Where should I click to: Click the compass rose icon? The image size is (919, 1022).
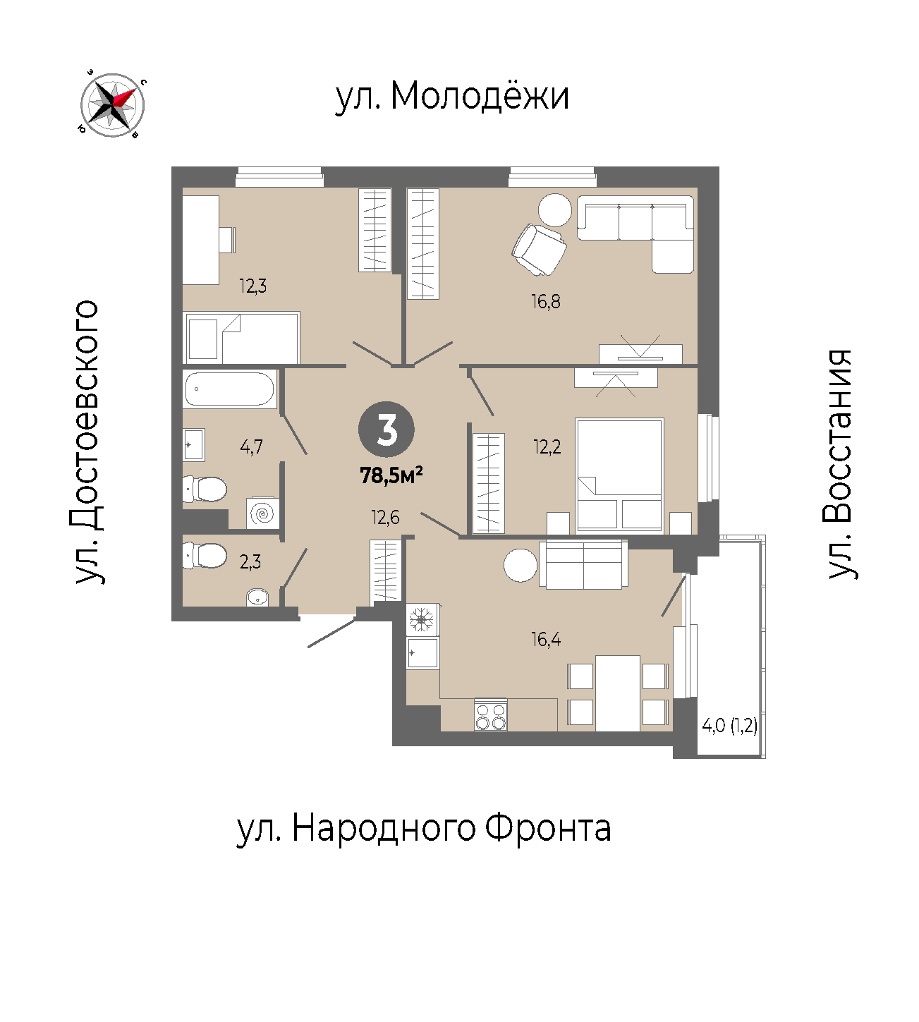click(113, 105)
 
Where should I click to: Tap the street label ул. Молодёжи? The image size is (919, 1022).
click(451, 96)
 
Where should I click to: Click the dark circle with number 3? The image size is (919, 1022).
click(387, 430)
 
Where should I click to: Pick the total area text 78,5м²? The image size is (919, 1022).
click(391, 476)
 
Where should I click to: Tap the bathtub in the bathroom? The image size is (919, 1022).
click(230, 389)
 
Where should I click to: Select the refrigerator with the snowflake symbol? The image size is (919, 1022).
click(422, 620)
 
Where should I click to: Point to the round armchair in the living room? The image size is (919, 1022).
click(540, 250)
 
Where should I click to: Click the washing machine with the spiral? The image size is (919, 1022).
click(263, 513)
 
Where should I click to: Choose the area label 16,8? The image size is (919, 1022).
click(546, 302)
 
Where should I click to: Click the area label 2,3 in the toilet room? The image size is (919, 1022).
click(250, 562)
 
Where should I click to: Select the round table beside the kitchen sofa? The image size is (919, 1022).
click(521, 565)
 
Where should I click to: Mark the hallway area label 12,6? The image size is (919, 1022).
click(385, 518)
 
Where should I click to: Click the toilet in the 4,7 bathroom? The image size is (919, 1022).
click(205, 489)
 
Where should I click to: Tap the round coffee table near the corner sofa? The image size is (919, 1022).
click(555, 210)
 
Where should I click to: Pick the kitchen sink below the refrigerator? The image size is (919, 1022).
click(422, 653)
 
